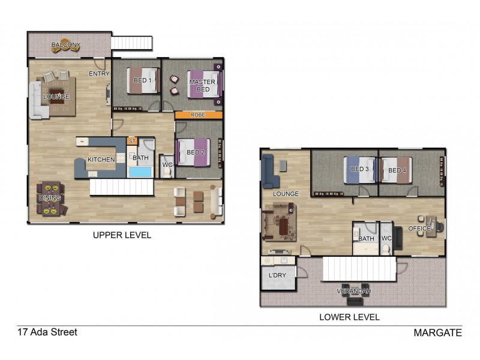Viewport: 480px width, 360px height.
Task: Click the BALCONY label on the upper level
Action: click(x=65, y=45)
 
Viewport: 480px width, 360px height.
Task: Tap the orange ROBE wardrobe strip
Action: click(x=199, y=115)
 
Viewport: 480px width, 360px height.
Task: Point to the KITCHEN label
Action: click(x=101, y=160)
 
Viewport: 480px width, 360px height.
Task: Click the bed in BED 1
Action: click(x=142, y=80)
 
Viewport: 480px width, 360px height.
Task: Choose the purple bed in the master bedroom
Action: click(x=205, y=85)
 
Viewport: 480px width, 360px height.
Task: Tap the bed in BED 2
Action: click(x=193, y=152)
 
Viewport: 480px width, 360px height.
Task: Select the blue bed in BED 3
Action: click(x=359, y=169)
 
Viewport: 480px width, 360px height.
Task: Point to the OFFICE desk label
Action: click(x=419, y=229)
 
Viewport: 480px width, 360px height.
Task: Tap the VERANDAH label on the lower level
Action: click(x=353, y=291)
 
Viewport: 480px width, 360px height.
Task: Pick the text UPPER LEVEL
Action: click(x=122, y=235)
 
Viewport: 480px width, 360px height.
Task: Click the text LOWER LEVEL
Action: click(x=350, y=317)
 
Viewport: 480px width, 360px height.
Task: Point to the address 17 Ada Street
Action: click(x=47, y=332)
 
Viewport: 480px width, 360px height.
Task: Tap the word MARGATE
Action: click(x=437, y=333)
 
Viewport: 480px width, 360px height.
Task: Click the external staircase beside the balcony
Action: click(x=131, y=43)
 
